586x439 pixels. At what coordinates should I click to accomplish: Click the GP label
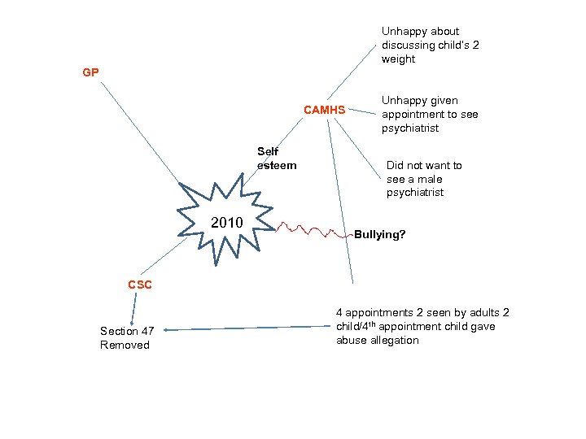click(x=91, y=72)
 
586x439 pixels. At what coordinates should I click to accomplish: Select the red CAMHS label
click(x=325, y=110)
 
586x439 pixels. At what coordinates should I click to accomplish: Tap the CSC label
click(x=140, y=285)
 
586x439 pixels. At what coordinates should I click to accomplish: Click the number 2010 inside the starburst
click(x=227, y=223)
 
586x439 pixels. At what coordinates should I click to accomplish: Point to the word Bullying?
click(x=380, y=234)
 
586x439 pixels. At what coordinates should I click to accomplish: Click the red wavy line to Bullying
click(x=314, y=230)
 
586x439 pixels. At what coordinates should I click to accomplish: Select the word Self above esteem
click(x=268, y=151)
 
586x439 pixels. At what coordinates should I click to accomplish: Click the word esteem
click(x=277, y=165)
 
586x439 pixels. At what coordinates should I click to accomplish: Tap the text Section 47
click(x=127, y=331)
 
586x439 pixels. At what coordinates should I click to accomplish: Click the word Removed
click(x=125, y=345)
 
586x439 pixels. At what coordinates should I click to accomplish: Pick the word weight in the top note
click(x=398, y=59)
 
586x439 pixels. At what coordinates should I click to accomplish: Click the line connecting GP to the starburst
click(x=140, y=133)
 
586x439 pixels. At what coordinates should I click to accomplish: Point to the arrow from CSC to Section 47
click(x=133, y=310)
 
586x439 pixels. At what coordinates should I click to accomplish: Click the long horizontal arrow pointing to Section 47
click(x=247, y=328)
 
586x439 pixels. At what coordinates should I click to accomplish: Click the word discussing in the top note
click(x=409, y=46)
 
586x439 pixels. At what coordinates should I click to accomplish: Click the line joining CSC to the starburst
click(x=164, y=256)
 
